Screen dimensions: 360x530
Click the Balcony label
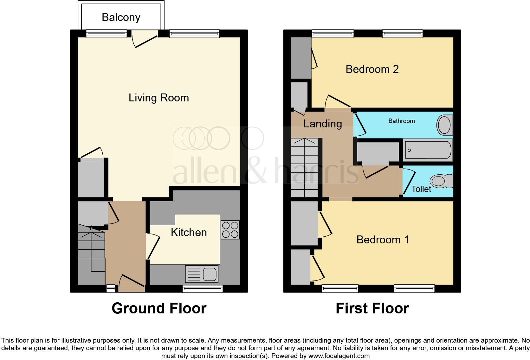(x=121, y=17)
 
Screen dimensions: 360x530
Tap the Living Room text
(x=158, y=98)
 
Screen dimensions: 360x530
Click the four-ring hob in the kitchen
(x=230, y=230)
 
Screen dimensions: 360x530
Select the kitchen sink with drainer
(x=202, y=274)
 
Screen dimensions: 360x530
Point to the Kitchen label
(x=189, y=232)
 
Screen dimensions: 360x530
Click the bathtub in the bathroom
(x=428, y=150)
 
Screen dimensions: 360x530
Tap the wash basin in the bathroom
(x=444, y=125)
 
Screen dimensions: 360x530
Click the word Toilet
(x=421, y=189)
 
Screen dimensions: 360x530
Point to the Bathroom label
(x=401, y=121)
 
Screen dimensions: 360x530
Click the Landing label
(x=322, y=124)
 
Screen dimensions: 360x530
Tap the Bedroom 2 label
(x=372, y=69)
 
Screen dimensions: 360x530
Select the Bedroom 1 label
(x=383, y=240)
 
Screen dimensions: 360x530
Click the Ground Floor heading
(x=159, y=308)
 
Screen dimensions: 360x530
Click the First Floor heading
(x=372, y=308)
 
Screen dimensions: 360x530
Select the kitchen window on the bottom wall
(x=203, y=288)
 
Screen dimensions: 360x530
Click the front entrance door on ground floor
(x=131, y=283)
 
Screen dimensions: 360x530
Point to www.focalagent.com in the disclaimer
(x=339, y=356)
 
